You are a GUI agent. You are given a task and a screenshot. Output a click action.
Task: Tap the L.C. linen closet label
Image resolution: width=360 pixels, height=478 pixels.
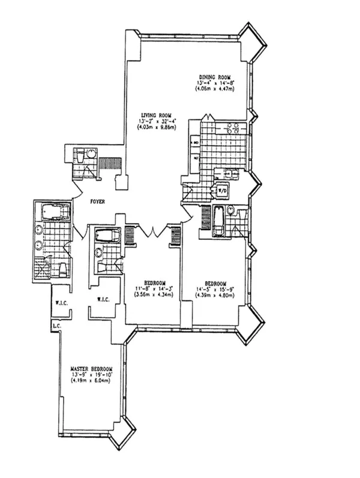click(x=56, y=326)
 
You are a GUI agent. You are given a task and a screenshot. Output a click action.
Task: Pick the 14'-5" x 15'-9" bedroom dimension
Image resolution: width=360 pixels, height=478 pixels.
click(x=214, y=289)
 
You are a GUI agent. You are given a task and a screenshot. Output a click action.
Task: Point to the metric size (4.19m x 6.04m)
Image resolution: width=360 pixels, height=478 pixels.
click(x=91, y=380)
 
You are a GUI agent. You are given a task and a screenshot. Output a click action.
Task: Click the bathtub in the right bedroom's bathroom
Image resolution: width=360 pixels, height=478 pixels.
click(x=219, y=220)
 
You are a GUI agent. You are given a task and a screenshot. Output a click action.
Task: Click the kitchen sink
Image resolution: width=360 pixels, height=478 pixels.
click(x=230, y=175)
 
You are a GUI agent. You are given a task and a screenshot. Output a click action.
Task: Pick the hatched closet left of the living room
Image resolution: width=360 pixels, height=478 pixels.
click(x=110, y=164)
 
